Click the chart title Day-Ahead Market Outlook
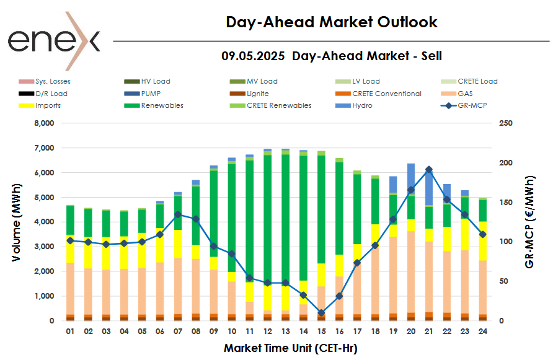pyautogui.click(x=332, y=22)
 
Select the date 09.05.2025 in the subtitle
pyautogui.click(x=253, y=56)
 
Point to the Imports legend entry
pyautogui.click(x=48, y=105)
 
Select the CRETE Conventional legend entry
pyautogui.click(x=386, y=94)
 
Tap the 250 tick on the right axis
pyautogui.click(x=506, y=123)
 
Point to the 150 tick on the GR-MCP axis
pyautogui.click(x=506, y=203)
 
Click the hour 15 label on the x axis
pyautogui.click(x=321, y=331)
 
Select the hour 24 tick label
pyautogui.click(x=482, y=331)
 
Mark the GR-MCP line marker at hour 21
pyautogui.click(x=428, y=170)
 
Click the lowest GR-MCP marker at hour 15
pyautogui.click(x=321, y=313)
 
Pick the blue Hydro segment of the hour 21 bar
pyautogui.click(x=428, y=186)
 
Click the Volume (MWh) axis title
pyautogui.click(x=17, y=222)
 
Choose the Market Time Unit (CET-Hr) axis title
pyautogui.click(x=290, y=348)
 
